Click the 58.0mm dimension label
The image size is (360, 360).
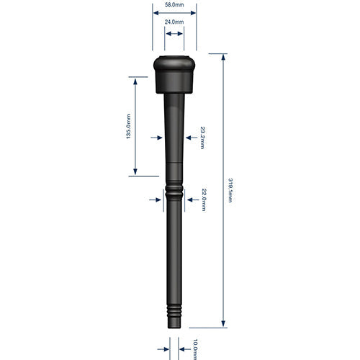coord(174,5)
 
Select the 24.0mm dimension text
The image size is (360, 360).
coord(174,22)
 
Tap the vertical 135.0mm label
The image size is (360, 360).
coord(129,127)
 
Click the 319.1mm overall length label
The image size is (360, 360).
coord(230,191)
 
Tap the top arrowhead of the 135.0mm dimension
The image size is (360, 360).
coord(135,78)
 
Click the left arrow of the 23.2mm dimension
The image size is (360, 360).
coord(158,137)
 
